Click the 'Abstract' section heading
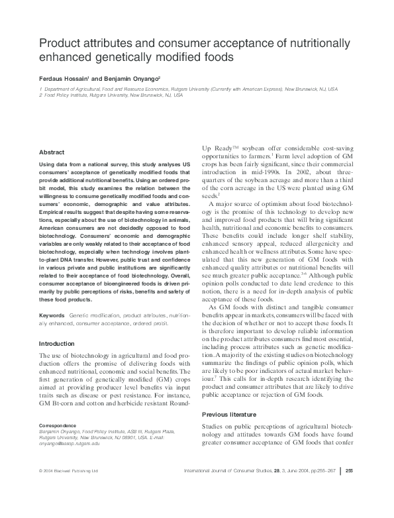pos(52,152)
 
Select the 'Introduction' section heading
pos(58,344)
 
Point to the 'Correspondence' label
pos(58,425)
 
